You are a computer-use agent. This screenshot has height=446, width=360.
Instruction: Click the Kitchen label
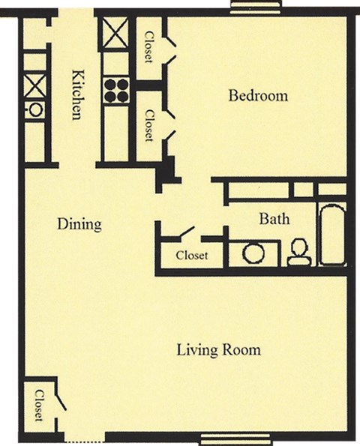coord(76,94)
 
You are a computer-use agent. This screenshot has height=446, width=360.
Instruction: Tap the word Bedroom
coord(258,96)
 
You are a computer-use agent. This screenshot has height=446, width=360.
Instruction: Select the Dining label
coord(79,224)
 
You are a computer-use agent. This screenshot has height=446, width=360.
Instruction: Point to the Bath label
coord(274,219)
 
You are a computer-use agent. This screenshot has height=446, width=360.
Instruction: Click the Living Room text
coord(218,349)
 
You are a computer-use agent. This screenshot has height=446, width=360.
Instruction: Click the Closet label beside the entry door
coord(38,406)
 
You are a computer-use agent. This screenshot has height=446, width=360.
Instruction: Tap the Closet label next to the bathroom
coord(192,256)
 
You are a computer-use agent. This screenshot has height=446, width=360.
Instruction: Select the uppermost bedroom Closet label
coord(148,46)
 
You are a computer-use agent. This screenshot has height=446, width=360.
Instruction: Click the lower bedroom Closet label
coord(148,125)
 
